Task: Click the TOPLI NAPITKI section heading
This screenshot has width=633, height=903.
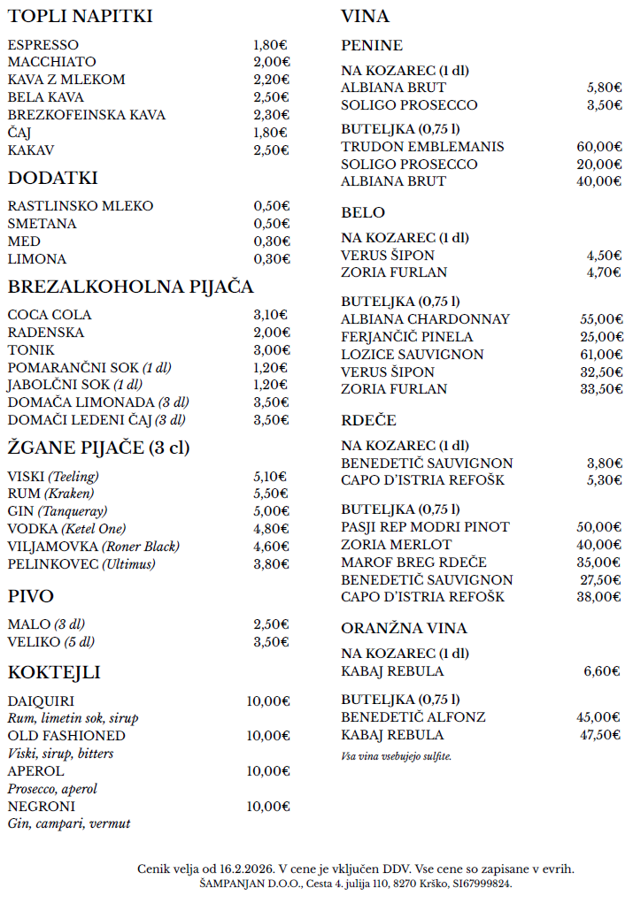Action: pos(81,17)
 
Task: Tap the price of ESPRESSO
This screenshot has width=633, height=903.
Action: pos(270,45)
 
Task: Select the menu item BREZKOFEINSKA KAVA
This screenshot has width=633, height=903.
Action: pos(86,115)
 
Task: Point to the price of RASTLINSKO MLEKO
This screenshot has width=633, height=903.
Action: pos(272,206)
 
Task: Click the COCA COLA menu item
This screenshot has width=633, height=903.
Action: pos(50,315)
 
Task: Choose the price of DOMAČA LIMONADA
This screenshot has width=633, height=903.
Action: pos(271,402)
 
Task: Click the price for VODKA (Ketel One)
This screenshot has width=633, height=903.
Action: pos(271,529)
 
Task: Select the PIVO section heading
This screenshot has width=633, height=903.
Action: pos(31,596)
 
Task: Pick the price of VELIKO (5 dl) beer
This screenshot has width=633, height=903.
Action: pos(271,642)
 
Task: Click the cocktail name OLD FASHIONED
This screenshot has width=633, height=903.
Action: pos(66,736)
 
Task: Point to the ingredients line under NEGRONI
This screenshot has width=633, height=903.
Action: pos(69,823)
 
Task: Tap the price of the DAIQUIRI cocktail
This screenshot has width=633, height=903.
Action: pos(268,701)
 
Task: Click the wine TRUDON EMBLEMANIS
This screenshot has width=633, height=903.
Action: pos(422,147)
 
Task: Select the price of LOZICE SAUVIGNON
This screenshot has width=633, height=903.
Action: pos(601,355)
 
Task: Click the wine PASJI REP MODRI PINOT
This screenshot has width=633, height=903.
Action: pos(425,527)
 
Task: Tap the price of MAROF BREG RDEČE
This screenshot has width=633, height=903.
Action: pos(601,562)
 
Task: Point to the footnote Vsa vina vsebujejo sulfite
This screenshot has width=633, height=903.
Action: pos(396,756)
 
